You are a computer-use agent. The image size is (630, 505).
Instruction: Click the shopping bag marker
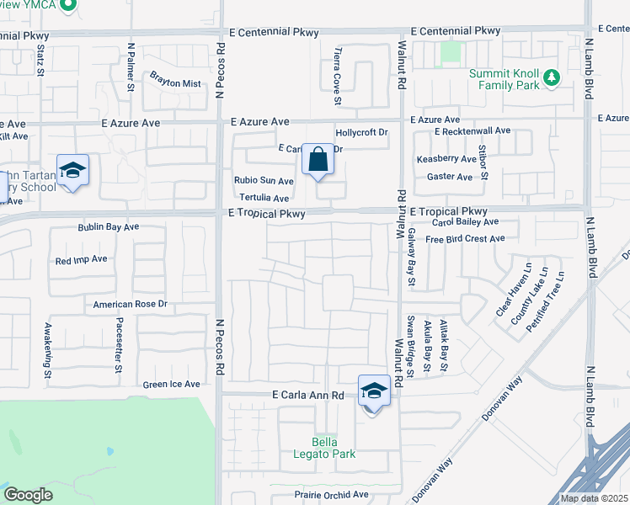pyautogui.click(x=318, y=159)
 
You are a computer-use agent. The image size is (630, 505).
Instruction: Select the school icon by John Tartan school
pyautogui.click(x=73, y=171)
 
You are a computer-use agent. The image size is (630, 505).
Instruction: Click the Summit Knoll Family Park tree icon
pyautogui.click(x=552, y=77)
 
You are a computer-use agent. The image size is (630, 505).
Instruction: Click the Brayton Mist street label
pyautogui.click(x=175, y=83)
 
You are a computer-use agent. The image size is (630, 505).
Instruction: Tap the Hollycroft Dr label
pyautogui.click(x=361, y=132)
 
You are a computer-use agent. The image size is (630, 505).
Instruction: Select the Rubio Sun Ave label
pyautogui.click(x=264, y=180)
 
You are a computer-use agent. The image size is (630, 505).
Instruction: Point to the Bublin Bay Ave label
pyautogui.click(x=109, y=227)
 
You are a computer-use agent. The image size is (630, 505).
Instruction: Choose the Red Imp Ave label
pyautogui.click(x=81, y=260)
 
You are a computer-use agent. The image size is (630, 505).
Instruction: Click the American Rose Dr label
pyautogui.click(x=131, y=304)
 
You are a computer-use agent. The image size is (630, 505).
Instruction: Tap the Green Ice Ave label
pyautogui.click(x=171, y=385)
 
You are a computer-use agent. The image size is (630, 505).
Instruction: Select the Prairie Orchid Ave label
pyautogui.click(x=331, y=494)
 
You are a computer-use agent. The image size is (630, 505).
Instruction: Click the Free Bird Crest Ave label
pyautogui.click(x=465, y=239)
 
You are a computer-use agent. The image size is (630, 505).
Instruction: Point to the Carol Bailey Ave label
pyautogui.click(x=465, y=222)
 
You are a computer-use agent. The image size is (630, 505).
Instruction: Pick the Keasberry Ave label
pyautogui.click(x=446, y=159)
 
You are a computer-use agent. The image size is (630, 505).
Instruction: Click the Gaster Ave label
pyautogui.click(x=450, y=177)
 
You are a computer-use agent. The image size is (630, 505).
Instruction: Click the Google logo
pyautogui.click(x=28, y=495)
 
